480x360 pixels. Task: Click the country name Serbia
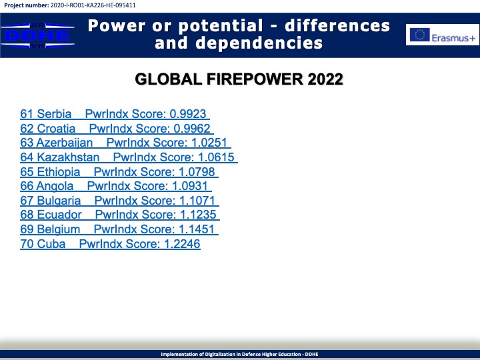pyautogui.click(x=54, y=114)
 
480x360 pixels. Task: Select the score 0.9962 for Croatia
pyautogui.click(x=192, y=129)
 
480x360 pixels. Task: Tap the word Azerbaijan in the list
pyautogui.click(x=64, y=143)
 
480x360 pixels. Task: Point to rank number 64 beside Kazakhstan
pyautogui.click(x=27, y=157)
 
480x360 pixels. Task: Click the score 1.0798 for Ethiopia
pyautogui.click(x=197, y=172)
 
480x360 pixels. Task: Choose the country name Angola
pyautogui.click(x=55, y=187)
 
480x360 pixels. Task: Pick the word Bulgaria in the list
pyautogui.click(x=59, y=201)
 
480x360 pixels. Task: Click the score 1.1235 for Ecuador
pyautogui.click(x=198, y=215)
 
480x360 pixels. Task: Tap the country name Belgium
pyautogui.click(x=59, y=229)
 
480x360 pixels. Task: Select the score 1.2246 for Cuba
pyautogui.click(x=182, y=244)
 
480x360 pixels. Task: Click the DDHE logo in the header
pyautogui.click(x=37, y=35)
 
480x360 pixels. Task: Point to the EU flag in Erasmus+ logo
pyautogui.click(x=420, y=35)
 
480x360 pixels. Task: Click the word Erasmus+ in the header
pyautogui.click(x=453, y=38)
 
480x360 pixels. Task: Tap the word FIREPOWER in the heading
pyautogui.click(x=255, y=79)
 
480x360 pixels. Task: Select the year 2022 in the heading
pyautogui.click(x=325, y=79)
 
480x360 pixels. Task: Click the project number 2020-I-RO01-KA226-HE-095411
pyautogui.click(x=93, y=5)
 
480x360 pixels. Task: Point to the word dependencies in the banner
pyautogui.click(x=259, y=43)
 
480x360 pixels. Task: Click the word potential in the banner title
pyautogui.click(x=221, y=26)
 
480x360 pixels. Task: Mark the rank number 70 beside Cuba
pyautogui.click(x=27, y=244)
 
